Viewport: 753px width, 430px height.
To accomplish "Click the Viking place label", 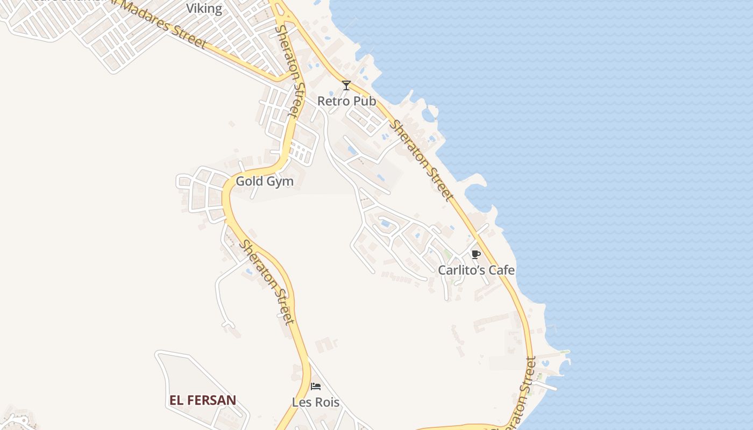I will [204, 9].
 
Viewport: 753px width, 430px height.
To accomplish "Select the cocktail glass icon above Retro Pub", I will [346, 85].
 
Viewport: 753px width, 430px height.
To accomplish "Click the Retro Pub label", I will [346, 101].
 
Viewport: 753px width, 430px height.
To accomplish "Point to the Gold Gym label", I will [265, 182].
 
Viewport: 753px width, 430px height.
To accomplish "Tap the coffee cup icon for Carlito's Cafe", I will [475, 254].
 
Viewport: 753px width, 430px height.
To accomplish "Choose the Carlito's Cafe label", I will [476, 270].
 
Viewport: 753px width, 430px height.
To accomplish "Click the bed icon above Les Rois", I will [316, 386].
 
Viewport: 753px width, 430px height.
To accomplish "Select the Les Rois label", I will [316, 402].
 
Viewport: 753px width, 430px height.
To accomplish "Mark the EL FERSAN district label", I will [203, 400].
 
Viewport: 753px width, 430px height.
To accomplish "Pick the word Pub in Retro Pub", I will [365, 101].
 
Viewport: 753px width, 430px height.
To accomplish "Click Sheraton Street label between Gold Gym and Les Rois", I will [267, 282].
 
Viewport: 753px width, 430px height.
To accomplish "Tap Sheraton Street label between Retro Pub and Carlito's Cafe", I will [421, 160].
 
